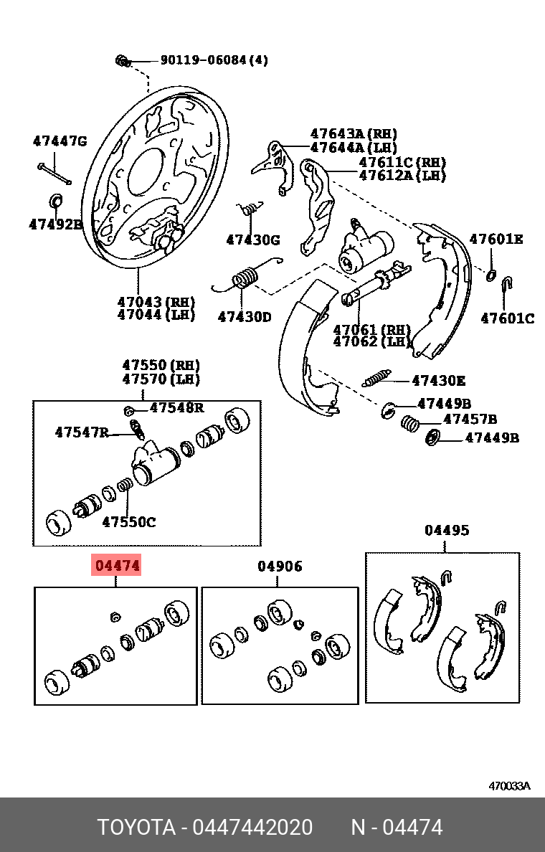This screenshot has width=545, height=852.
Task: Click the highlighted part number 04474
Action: coord(116,566)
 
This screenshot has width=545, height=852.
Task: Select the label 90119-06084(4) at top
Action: coord(214,60)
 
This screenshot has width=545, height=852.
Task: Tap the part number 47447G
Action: coord(60,141)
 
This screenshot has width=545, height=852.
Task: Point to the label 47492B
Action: coord(56,224)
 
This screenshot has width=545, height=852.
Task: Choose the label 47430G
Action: coord(253,240)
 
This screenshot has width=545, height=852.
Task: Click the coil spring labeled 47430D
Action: coord(245,277)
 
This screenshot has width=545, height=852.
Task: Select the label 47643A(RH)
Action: coord(354,134)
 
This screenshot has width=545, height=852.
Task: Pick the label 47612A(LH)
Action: coord(402,176)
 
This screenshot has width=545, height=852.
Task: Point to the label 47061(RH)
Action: coord(371,329)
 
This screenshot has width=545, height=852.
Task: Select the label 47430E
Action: coord(438,381)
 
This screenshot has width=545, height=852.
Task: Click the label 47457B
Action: coord(470,419)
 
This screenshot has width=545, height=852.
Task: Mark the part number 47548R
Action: coord(176,408)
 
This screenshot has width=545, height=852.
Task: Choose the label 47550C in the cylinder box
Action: coord(128,522)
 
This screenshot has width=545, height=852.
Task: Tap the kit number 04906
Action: coord(280,566)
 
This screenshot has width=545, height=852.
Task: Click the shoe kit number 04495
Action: coord(447,530)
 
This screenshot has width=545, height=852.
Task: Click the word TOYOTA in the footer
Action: coord(136,828)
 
